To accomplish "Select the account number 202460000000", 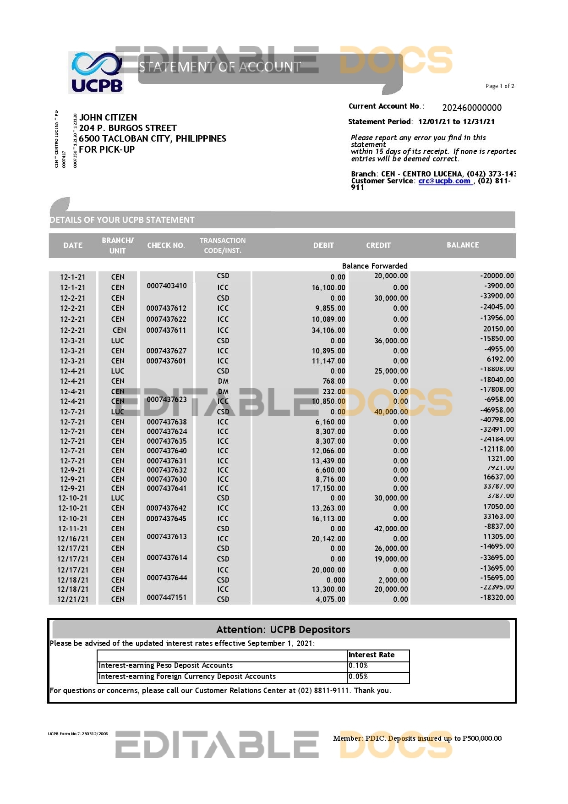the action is click(471, 108).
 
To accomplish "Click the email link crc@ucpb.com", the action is click(444, 181).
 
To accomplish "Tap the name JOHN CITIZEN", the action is click(108, 117).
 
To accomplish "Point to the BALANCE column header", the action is click(463, 245).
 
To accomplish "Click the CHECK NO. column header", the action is click(166, 246).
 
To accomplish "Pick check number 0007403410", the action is click(167, 286).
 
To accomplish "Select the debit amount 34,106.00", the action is click(328, 330).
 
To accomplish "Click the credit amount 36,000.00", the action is click(391, 341).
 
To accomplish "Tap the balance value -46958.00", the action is click(497, 410).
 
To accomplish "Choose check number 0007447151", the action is click(167, 597).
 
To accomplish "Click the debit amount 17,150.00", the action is click(328, 489).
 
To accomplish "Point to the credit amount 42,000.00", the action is click(391, 529).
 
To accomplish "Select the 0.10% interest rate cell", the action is click(378, 666).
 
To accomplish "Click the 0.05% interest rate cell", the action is click(378, 677).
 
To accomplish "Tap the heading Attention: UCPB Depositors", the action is click(283, 630).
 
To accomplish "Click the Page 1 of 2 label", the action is click(500, 86).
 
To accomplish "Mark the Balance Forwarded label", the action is click(374, 266).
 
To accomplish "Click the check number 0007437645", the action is click(166, 518).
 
